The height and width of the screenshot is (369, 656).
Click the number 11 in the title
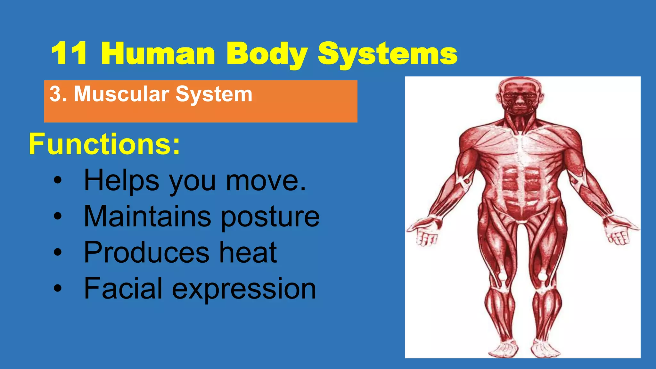tap(69, 54)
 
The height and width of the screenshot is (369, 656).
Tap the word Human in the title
tap(158, 54)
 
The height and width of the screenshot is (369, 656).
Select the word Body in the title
tap(267, 54)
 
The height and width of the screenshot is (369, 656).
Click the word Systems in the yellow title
tap(388, 54)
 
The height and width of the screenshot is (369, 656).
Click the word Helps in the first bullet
tap(121, 181)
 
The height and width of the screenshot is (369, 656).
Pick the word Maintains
tap(147, 217)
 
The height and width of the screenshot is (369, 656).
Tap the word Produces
tap(146, 252)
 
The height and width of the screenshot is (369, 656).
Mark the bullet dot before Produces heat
tap(57, 252)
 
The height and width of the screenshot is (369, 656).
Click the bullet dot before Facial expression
tap(57, 288)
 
